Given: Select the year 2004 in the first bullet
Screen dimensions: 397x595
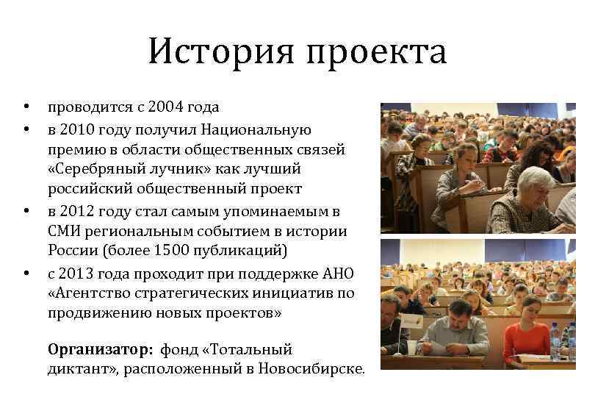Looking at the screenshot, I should click(x=168, y=107).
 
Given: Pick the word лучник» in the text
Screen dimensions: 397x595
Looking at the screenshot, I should click(x=175, y=169).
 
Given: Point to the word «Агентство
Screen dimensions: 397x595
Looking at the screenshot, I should click(x=88, y=293).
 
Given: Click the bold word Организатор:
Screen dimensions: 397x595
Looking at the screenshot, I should click(x=100, y=349).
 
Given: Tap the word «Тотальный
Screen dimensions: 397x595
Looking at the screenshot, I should click(x=245, y=349).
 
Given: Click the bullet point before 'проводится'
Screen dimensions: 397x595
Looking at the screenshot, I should click(x=26, y=107).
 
